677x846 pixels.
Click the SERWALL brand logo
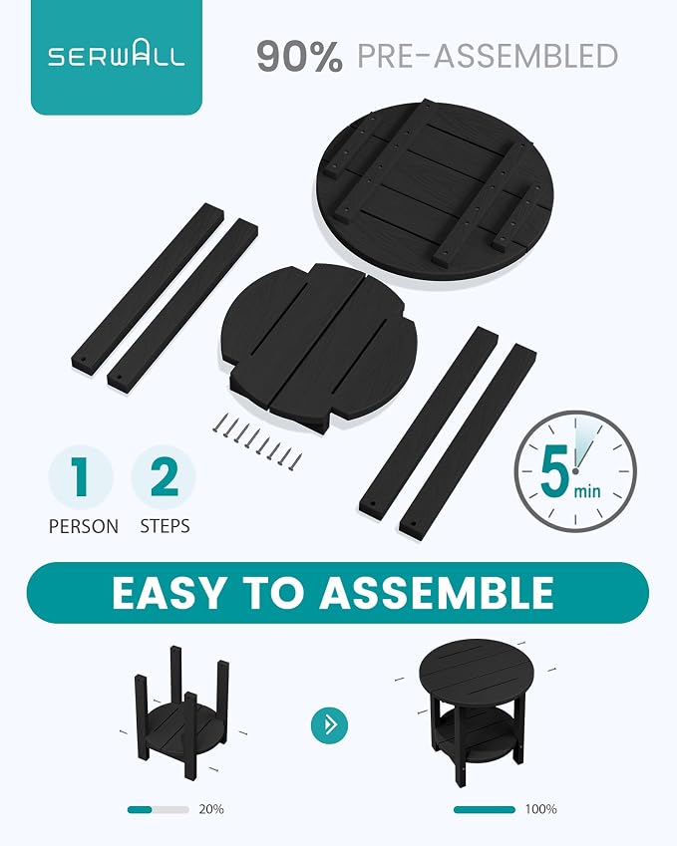[116, 55]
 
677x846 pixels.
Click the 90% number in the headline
[300, 56]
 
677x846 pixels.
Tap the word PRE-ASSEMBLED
[488, 56]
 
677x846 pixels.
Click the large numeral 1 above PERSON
[81, 477]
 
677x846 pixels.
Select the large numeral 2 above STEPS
[164, 477]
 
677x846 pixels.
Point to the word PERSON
[83, 526]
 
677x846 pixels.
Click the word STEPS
[165, 526]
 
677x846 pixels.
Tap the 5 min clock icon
[575, 471]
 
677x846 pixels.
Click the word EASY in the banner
[167, 593]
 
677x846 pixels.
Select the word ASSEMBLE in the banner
[437, 593]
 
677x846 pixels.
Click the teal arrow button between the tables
[329, 725]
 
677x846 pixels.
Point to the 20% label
[211, 809]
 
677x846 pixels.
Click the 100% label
[540, 809]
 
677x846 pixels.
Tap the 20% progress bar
[159, 809]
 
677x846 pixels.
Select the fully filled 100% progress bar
[485, 809]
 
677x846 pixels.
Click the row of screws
[257, 438]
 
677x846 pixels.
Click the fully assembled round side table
[477, 710]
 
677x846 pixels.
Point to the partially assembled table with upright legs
[181, 712]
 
